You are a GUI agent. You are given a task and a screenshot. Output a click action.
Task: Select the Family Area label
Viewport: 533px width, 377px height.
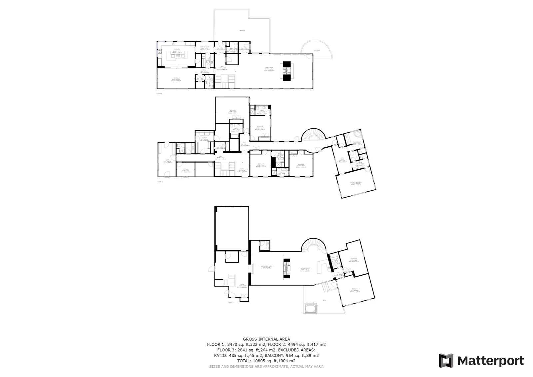(x=269, y=68)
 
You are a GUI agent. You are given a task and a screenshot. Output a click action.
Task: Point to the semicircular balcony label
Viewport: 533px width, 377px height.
(x=316, y=51)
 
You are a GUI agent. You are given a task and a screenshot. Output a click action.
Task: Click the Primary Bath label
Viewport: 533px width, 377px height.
(x=357, y=143)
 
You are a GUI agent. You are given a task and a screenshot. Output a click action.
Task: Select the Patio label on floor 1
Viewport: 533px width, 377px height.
(x=324, y=300)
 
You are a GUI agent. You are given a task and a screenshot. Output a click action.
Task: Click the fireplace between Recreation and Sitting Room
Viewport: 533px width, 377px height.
(x=286, y=268)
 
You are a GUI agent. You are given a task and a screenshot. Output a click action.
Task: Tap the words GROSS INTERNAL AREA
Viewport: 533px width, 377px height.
(x=266, y=339)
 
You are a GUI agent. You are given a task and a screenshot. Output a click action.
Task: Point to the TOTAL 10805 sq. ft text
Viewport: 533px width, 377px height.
(x=266, y=361)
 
